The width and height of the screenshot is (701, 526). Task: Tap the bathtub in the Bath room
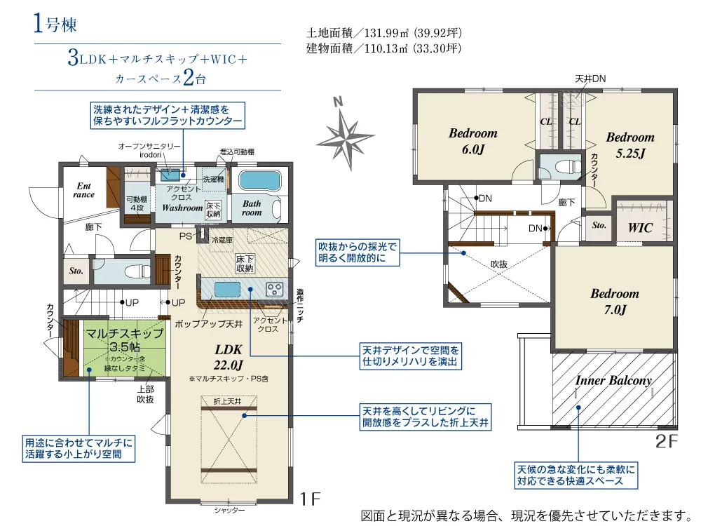pos(259,180)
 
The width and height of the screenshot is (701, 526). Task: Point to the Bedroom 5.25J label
pos(629,144)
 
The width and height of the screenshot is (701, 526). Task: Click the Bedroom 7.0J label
pos(614,301)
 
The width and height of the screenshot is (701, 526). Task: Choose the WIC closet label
pos(640,228)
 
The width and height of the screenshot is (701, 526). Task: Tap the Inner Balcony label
pos(613,381)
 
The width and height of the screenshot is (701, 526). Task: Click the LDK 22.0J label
pos(229,357)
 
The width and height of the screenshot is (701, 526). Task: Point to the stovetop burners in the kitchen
pos(275,288)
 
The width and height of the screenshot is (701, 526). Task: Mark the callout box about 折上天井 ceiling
pos(426,416)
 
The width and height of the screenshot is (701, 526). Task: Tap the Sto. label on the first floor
pos(76,270)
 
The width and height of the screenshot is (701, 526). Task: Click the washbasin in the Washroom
pos(170,175)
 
